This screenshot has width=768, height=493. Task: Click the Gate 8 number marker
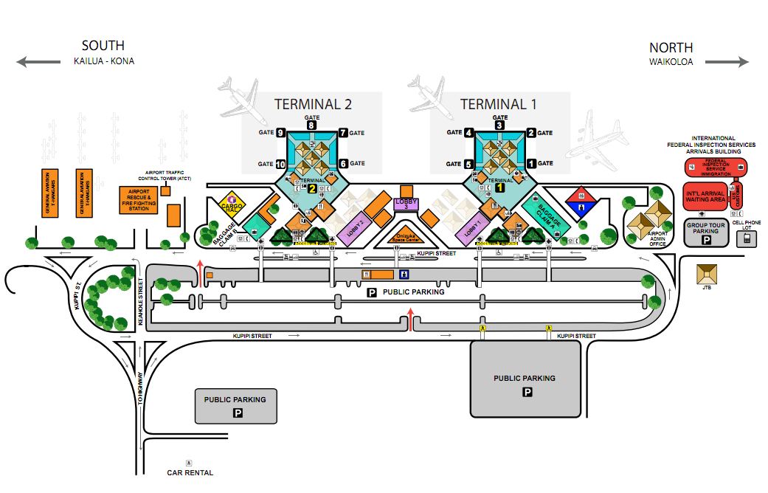pyautogui.click(x=311, y=125)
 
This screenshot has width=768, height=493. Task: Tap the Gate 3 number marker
pyautogui.click(x=499, y=125)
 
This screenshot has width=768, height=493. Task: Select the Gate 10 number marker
pyautogui.click(x=280, y=163)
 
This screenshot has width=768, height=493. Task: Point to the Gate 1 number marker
pyautogui.click(x=530, y=163)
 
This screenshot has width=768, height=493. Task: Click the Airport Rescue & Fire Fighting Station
pyautogui.click(x=139, y=201)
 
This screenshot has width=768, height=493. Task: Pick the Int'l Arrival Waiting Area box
pyautogui.click(x=705, y=196)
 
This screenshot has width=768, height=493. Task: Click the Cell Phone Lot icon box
pyautogui.click(x=746, y=238)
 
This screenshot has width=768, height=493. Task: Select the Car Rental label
pyautogui.click(x=190, y=472)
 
